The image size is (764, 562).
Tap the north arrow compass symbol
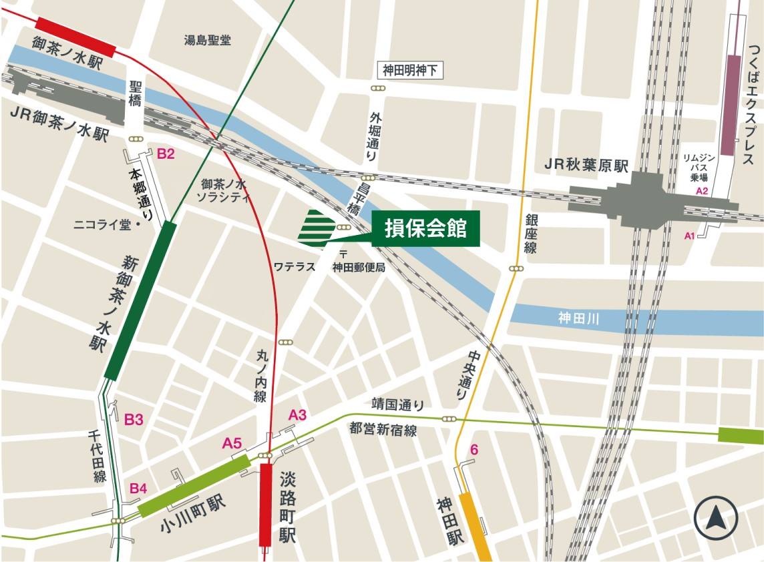715,518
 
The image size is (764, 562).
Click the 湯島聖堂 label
208,40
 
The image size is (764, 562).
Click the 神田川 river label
578,320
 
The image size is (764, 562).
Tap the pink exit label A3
297,415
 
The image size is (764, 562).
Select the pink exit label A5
232,443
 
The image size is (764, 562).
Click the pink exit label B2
166,154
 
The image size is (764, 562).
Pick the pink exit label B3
134,419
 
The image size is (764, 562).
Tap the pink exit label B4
138,489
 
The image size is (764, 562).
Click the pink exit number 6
474,451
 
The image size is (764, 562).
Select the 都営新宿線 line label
383,431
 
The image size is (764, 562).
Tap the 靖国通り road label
398,404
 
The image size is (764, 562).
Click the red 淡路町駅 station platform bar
266,504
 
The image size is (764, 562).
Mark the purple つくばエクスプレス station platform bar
733,103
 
